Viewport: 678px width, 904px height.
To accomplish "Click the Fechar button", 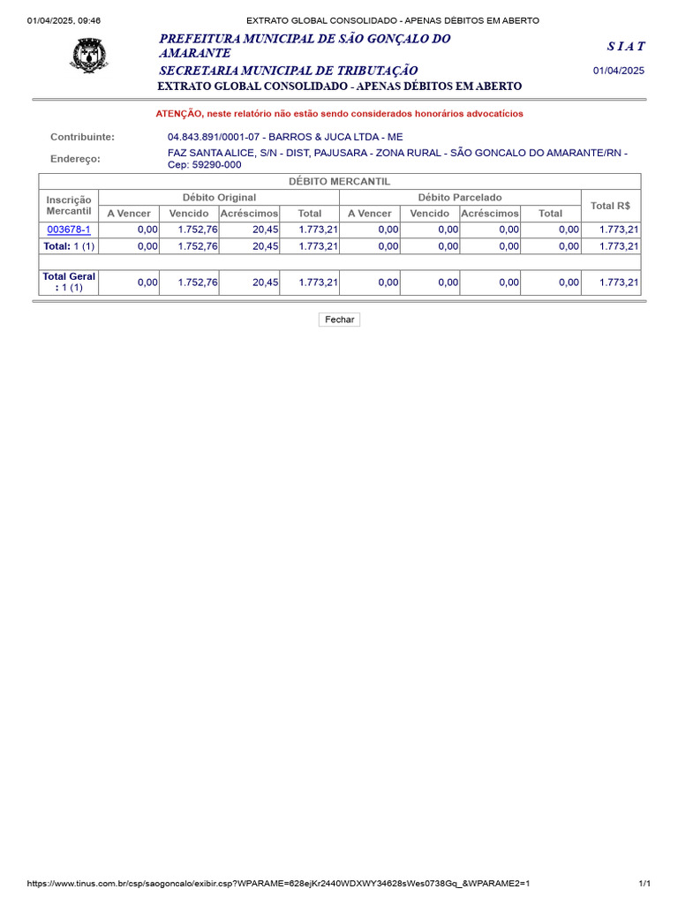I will click(x=339, y=320).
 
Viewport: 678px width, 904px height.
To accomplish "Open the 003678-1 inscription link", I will click(x=69, y=230).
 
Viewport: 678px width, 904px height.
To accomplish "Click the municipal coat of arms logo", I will click(x=88, y=55).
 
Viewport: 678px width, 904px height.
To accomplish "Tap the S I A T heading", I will click(x=625, y=46).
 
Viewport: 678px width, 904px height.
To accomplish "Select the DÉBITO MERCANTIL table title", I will click(x=339, y=181).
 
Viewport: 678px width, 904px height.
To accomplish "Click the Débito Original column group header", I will click(x=219, y=197).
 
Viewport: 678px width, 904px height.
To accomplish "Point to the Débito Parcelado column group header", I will click(x=459, y=197).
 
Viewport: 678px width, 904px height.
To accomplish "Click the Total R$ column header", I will click(x=610, y=206).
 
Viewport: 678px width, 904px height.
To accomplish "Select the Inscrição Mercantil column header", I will click(x=69, y=206).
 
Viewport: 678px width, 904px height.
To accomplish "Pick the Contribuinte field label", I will click(x=82, y=137).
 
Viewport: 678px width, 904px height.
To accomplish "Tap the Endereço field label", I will click(x=75, y=159).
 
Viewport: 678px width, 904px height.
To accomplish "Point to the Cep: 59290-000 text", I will click(x=204, y=165).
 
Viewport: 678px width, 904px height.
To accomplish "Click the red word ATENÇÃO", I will click(x=179, y=114).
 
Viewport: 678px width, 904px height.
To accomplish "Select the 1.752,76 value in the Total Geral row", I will click(x=198, y=282).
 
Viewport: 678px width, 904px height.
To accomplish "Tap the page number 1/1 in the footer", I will click(x=644, y=884).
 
